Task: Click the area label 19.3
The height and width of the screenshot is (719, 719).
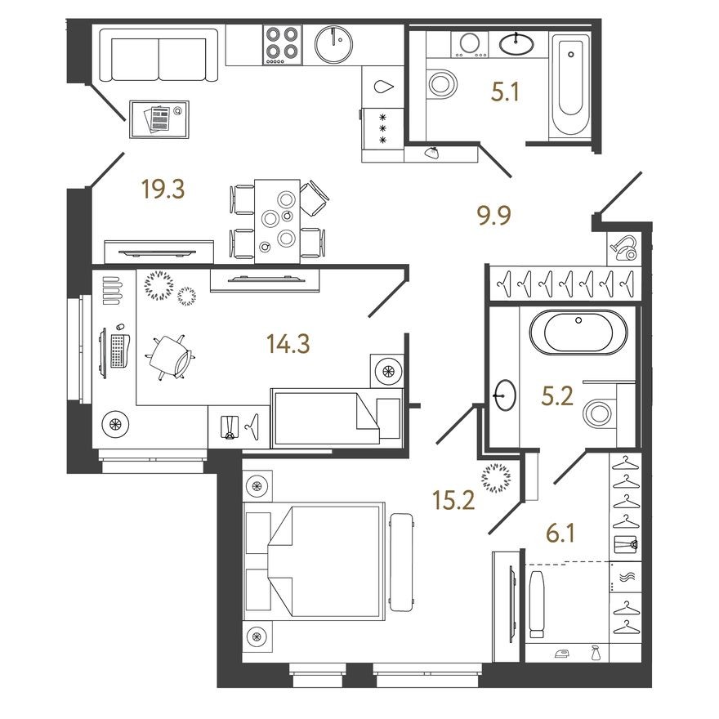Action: [163, 190]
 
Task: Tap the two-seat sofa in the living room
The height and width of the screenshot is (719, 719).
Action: [159, 56]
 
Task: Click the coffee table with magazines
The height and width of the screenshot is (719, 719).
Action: [159, 119]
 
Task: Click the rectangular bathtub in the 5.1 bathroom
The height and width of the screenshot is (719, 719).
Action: [570, 86]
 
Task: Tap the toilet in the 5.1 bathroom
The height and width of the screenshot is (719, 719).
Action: [442, 82]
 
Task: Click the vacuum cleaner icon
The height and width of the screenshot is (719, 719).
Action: [624, 246]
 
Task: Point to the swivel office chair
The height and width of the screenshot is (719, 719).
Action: [170, 355]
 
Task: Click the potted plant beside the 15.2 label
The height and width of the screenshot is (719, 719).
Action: [495, 477]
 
